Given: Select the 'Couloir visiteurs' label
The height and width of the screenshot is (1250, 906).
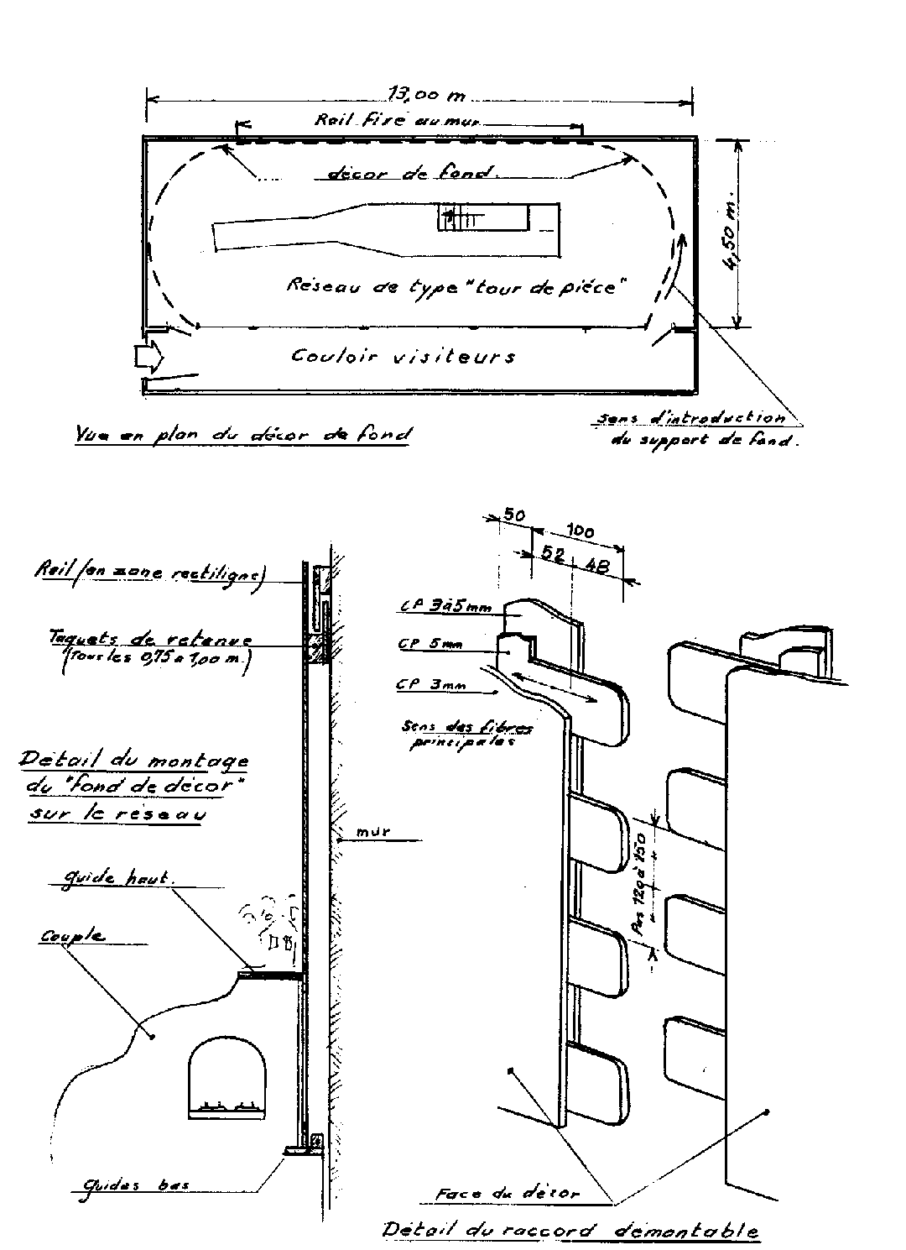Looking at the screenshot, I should [x=403, y=356].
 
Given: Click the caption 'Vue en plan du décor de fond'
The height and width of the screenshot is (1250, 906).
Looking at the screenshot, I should [x=243, y=435].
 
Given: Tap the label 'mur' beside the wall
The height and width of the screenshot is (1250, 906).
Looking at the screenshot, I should [x=374, y=833].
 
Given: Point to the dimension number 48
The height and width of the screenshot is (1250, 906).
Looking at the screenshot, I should [x=598, y=566].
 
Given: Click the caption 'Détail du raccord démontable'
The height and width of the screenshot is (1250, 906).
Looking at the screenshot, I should [x=570, y=1231].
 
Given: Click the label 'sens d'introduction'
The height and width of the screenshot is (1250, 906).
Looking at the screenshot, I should [x=690, y=417].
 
